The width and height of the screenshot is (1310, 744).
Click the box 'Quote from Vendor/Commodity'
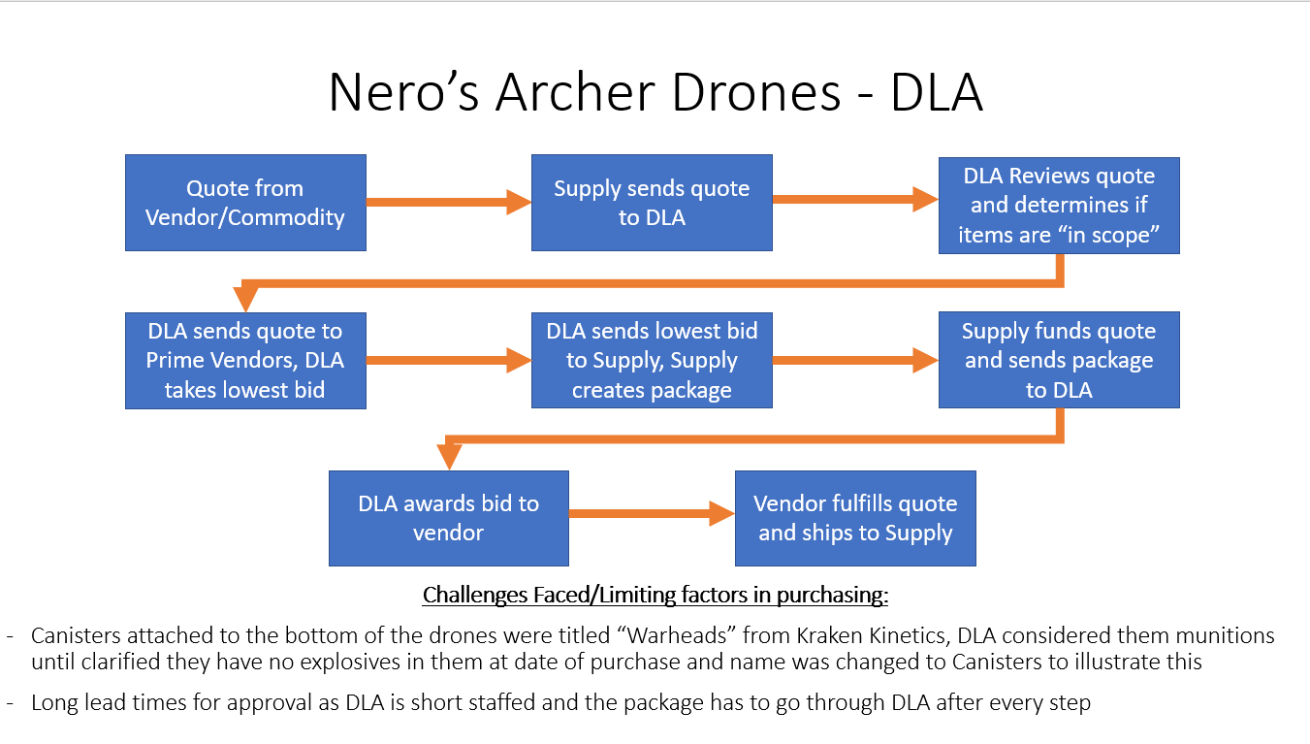245,203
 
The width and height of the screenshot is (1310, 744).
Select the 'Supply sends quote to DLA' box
652,203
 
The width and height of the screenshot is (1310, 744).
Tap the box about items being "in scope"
1059,206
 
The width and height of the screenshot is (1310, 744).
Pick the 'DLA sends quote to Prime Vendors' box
245,360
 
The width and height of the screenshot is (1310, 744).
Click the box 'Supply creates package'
652,360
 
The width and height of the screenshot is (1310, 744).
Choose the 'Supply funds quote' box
1059,360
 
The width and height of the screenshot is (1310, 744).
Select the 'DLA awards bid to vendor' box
448,518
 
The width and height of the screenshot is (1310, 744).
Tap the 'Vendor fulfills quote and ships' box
855,518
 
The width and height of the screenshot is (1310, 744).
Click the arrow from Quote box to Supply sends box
448,203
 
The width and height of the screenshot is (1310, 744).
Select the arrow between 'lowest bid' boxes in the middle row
448,361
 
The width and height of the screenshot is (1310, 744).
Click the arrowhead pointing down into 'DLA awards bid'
448,457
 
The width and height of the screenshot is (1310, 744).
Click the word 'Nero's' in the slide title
403,93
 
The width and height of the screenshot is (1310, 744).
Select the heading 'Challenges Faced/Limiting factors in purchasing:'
655,594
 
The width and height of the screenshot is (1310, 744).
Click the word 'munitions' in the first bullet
1216,636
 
